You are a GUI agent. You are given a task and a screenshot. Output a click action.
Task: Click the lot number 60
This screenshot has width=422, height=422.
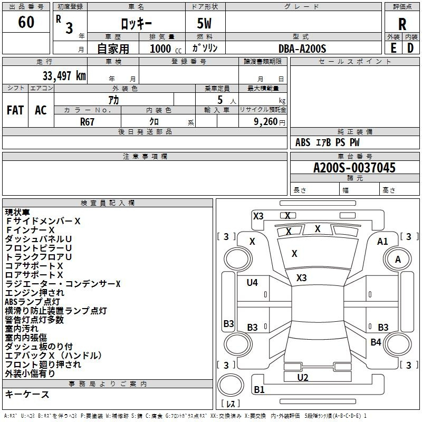[26, 23]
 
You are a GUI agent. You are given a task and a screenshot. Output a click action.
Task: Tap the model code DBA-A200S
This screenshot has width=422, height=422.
[302, 49]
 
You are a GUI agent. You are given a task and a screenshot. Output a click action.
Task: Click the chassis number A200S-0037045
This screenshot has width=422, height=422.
[354, 168]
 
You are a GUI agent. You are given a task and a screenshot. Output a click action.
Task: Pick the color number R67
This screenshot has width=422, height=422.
[88, 121]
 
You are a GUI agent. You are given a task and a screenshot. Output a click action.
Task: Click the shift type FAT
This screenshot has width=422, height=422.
[15, 110]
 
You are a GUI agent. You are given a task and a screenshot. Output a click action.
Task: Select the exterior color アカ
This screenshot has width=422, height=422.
[113, 99]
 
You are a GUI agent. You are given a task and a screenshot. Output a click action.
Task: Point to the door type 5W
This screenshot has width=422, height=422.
[205, 24]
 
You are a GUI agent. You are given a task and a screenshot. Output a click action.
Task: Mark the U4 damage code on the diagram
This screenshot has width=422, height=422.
[252, 283]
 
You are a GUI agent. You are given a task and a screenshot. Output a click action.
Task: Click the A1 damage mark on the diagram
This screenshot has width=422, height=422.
[382, 242]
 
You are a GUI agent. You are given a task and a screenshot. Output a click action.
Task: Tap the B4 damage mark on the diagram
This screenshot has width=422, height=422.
[376, 342]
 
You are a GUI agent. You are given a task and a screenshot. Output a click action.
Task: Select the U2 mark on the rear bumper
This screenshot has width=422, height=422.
[302, 377]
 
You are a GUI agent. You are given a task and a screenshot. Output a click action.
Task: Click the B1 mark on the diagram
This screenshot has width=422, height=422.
[260, 390]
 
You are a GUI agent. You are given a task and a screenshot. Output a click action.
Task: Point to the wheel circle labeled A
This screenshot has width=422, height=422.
[398, 259]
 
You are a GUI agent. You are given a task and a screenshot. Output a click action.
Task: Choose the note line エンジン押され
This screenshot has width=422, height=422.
[35, 293]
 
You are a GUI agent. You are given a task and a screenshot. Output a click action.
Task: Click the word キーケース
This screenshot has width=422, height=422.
[27, 395]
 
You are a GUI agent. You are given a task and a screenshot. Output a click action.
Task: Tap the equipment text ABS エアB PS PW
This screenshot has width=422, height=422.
[328, 142]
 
